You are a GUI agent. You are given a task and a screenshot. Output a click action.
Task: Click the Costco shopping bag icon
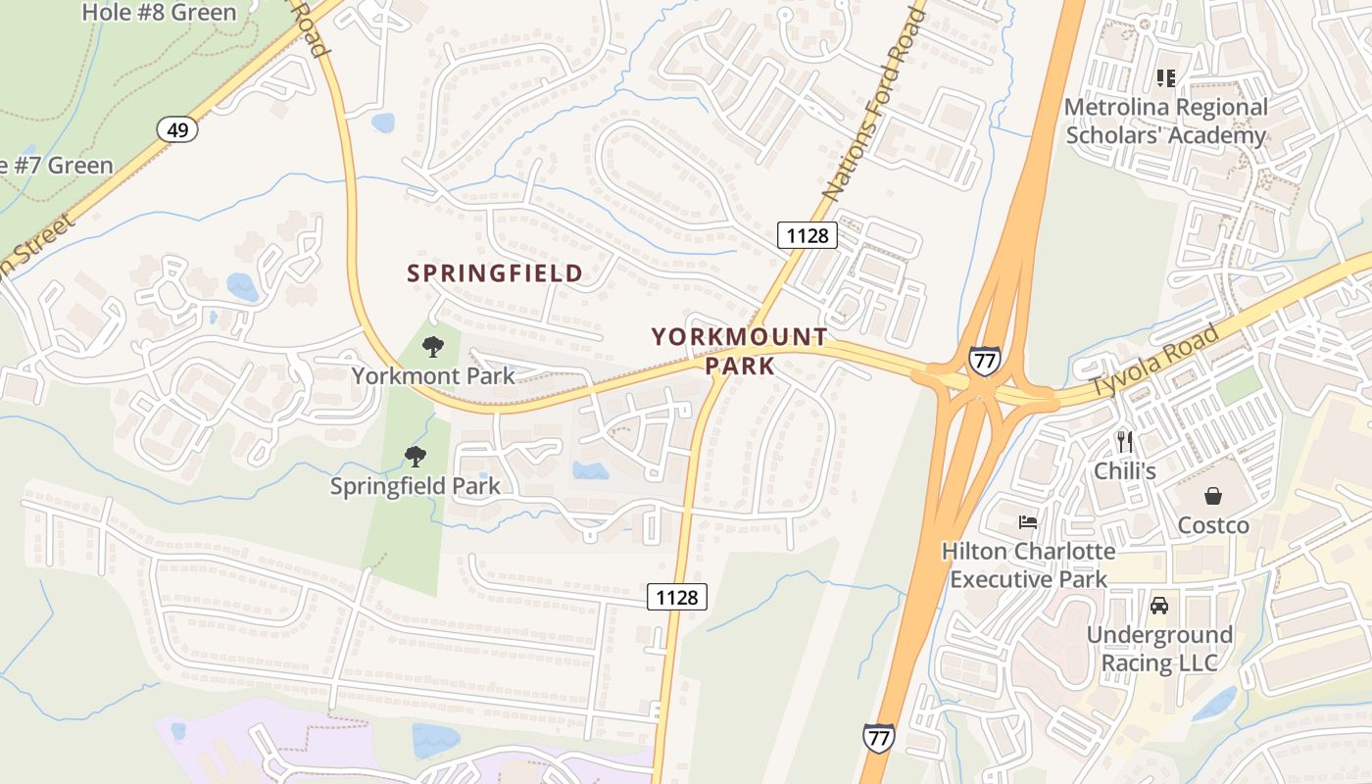[1213, 496]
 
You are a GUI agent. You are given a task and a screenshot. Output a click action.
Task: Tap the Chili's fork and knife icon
[1125, 442]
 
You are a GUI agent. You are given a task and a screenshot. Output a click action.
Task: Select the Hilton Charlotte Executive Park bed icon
[1028, 521]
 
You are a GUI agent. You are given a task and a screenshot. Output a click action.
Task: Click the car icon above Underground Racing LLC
[1159, 606]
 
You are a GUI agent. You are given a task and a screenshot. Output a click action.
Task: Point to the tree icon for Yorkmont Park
[432, 346]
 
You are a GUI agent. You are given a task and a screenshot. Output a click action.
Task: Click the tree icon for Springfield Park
[416, 456]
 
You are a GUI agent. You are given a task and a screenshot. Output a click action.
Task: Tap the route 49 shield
[177, 129]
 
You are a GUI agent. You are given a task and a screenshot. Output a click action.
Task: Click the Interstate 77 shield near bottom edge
[878, 737]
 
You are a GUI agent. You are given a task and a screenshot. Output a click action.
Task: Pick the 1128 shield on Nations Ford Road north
[808, 235]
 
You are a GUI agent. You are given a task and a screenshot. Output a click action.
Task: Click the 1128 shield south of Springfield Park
[677, 597]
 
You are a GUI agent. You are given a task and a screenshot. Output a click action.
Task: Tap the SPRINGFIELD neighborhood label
[495, 273]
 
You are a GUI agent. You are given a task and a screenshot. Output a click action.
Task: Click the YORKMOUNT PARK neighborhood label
[740, 352]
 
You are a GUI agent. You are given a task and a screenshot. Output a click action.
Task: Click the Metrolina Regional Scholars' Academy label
[1165, 122]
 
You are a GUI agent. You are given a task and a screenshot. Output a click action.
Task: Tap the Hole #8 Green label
[159, 13]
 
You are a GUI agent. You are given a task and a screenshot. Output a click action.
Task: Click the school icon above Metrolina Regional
[1165, 77]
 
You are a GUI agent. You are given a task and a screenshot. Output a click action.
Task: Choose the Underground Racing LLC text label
[1158, 649]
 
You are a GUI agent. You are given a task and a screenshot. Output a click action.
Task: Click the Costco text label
[1213, 525]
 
